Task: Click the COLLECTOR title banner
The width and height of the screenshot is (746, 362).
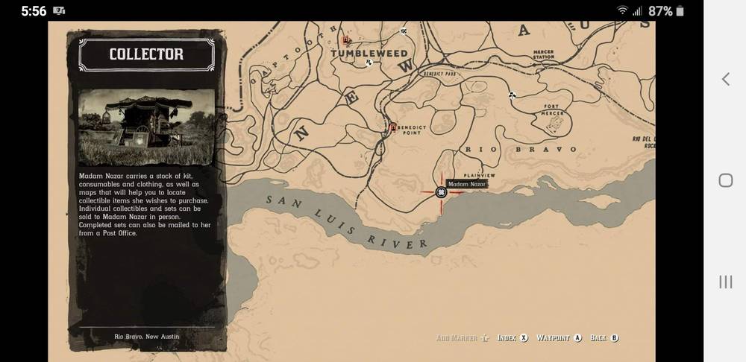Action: tap(146, 54)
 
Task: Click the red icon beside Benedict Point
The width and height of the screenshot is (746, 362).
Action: tap(393, 127)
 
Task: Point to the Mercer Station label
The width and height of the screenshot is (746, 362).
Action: tap(543, 55)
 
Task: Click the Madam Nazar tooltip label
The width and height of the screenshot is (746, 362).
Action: tap(468, 183)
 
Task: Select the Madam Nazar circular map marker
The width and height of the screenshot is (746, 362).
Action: tap(441, 192)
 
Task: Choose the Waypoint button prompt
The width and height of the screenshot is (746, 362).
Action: tap(559, 337)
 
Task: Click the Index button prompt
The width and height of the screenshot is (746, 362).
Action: tap(513, 337)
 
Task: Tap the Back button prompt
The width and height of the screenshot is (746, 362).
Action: tap(604, 337)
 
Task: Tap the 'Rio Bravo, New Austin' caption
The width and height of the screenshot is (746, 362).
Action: tap(146, 337)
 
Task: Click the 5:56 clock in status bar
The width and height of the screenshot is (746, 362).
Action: tap(34, 10)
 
